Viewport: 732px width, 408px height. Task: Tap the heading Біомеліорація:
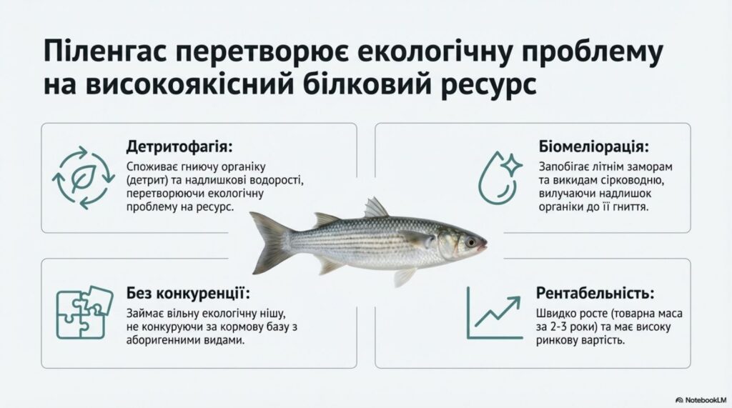[x=593, y=147]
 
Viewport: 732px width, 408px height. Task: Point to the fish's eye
[x=470, y=242]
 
